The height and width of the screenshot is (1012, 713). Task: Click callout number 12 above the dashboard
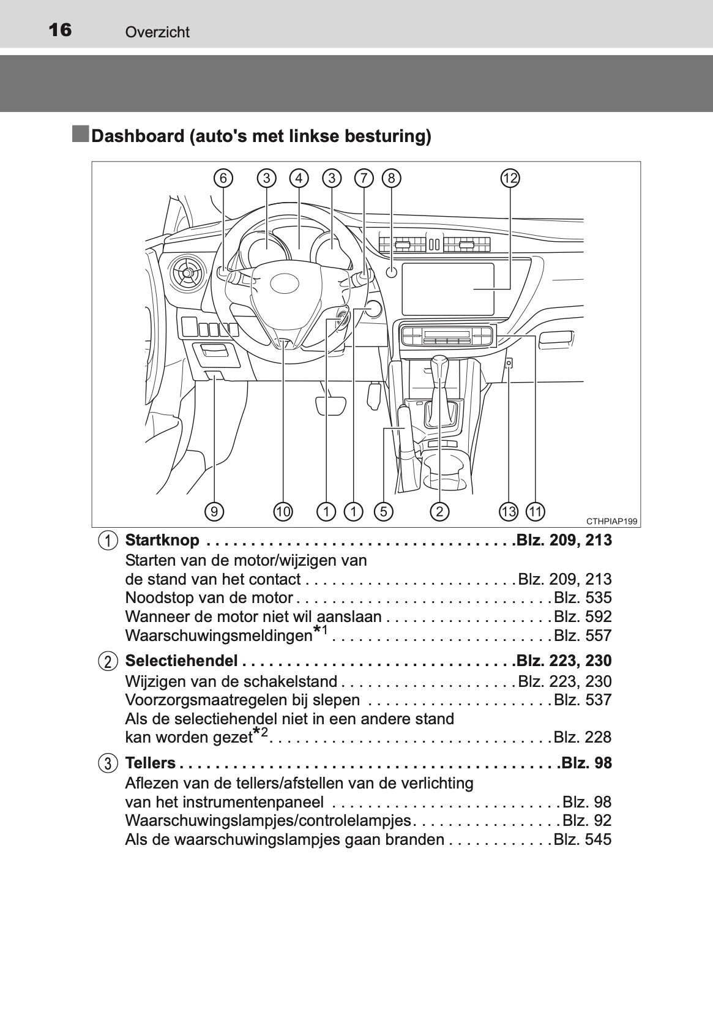click(x=510, y=178)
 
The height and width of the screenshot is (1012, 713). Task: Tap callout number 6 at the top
click(x=223, y=178)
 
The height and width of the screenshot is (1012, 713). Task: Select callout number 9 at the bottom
click(x=214, y=511)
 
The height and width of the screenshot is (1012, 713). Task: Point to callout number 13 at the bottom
click(x=508, y=511)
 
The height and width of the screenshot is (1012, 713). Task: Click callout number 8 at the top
click(x=391, y=178)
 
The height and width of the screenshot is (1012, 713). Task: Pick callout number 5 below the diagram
click(x=383, y=511)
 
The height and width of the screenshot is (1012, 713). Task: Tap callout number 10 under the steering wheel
click(x=283, y=511)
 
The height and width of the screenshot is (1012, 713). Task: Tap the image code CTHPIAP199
click(x=611, y=522)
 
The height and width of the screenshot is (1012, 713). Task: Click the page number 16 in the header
click(x=60, y=30)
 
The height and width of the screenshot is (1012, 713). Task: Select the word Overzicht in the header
click(x=157, y=32)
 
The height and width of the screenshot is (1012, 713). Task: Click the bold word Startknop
click(x=162, y=540)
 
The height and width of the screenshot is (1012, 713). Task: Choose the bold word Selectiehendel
click(x=181, y=661)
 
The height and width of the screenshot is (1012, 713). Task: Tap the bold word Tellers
click(x=150, y=763)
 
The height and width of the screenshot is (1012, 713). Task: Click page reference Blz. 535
click(x=583, y=598)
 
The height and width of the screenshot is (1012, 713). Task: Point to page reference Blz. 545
click(x=583, y=839)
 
